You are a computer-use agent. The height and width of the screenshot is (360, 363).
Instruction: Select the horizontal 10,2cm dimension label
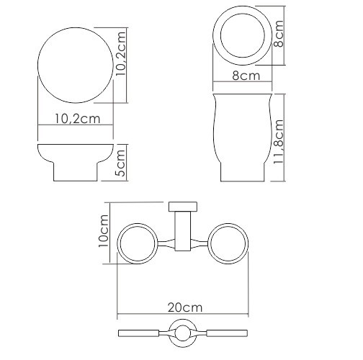[x=76, y=120]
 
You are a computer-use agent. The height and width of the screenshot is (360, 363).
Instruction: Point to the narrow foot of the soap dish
[x=75, y=174]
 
